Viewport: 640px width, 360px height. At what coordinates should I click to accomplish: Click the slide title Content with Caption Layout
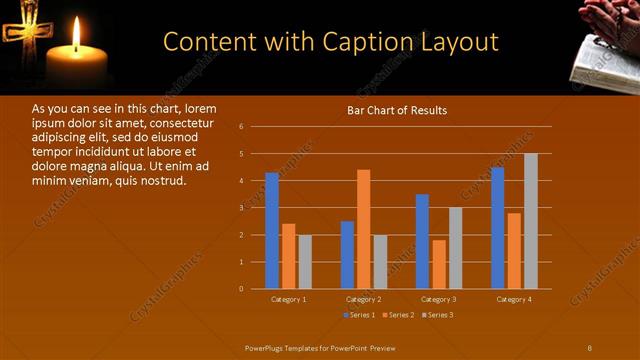click(330, 42)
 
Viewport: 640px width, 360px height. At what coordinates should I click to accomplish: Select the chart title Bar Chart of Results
click(397, 110)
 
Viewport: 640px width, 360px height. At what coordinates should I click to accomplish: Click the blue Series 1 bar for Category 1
click(272, 230)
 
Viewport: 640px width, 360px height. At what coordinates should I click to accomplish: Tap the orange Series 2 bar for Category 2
click(363, 229)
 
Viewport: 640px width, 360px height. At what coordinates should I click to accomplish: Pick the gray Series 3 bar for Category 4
click(530, 221)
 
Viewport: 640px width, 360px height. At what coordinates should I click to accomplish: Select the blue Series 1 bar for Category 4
click(497, 227)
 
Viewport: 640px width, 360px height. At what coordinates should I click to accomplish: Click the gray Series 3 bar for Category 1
click(305, 261)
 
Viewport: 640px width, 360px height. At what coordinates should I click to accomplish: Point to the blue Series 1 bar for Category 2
click(347, 254)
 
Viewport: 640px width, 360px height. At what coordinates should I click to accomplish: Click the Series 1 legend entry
click(359, 315)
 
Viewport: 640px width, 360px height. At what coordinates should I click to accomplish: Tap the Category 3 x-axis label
click(439, 299)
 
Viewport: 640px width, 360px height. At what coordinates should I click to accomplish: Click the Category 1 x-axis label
click(289, 299)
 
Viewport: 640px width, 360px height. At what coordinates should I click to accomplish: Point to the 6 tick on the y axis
click(241, 127)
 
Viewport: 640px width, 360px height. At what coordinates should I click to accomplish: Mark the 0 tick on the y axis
click(241, 288)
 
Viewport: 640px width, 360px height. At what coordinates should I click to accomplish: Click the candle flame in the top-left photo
click(76, 35)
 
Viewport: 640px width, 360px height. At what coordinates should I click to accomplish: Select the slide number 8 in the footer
click(590, 347)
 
